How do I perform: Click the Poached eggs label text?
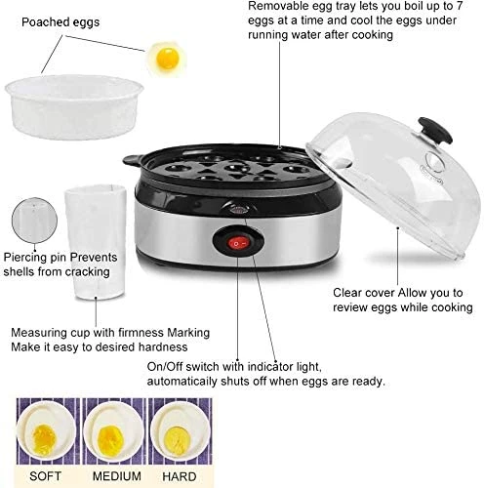point(55,21)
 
